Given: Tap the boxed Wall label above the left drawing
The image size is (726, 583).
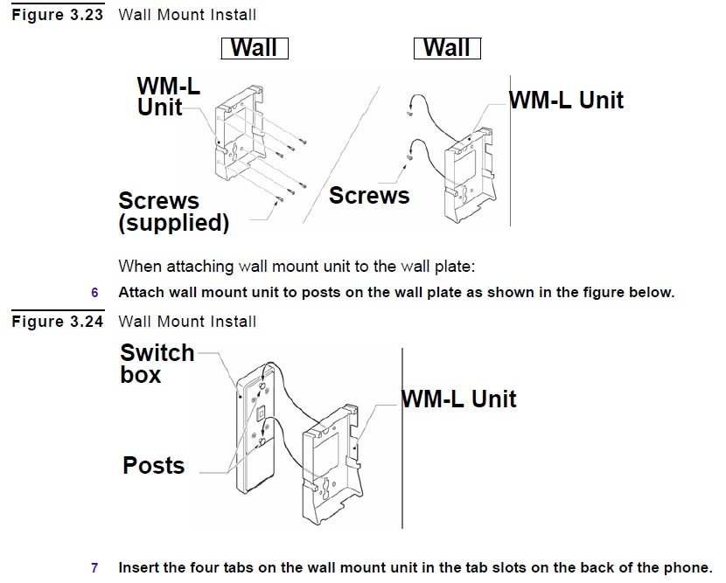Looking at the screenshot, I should click(254, 47).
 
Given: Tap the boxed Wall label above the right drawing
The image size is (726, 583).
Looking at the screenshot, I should click(447, 47).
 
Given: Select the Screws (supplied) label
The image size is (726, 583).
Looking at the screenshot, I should click(173, 212).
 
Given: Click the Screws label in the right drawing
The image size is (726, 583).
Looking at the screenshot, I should click(369, 195).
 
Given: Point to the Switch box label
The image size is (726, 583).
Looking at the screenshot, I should click(157, 364).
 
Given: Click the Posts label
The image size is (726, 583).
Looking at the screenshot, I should click(154, 465).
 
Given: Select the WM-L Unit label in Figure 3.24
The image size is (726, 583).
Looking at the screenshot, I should click(458, 399).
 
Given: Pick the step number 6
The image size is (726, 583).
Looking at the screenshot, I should click(95, 292).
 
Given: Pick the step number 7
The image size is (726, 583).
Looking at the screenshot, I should click(95, 567).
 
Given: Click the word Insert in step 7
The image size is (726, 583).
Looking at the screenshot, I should click(139, 567).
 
